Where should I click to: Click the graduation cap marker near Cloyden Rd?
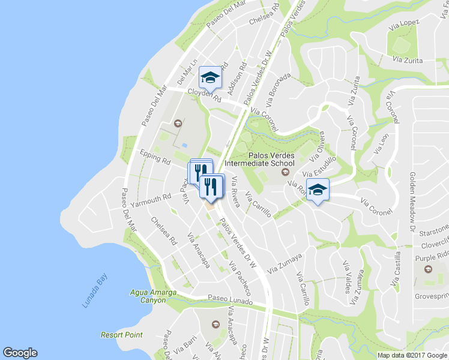pos(210,77)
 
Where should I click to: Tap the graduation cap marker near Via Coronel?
pos(318,190)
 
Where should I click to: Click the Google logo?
pos(20,353)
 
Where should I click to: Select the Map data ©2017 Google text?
pos(411,355)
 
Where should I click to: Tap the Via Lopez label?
pos(406,23)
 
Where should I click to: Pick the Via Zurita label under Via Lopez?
pos(407,61)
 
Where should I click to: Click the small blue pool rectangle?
pos(184,145)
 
